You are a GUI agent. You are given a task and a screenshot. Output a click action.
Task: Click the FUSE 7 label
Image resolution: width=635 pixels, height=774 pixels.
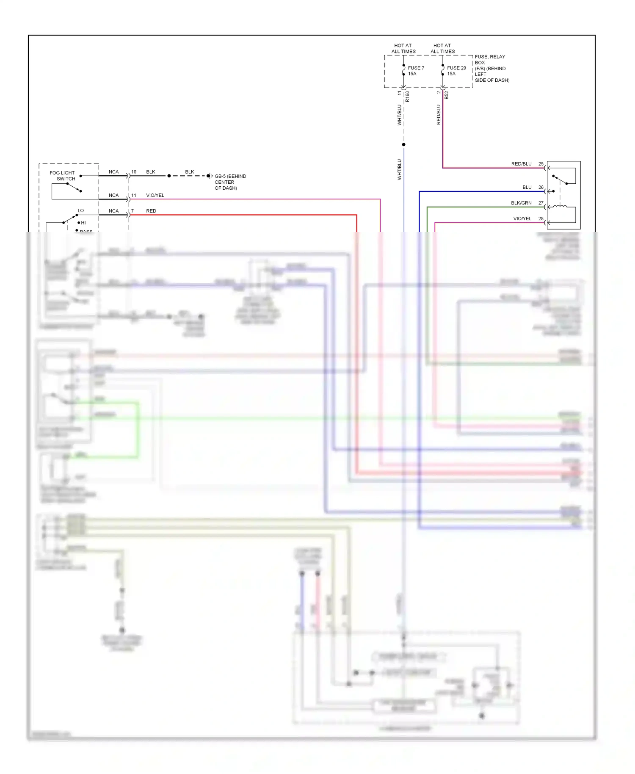point(416,68)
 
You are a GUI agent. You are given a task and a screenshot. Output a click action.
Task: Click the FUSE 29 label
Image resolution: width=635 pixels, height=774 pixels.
point(456,68)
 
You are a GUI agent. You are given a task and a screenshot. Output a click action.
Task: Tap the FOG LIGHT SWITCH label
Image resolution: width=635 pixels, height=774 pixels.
point(62,176)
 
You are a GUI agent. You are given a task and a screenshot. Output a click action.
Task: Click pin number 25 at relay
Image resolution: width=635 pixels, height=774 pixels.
point(541,164)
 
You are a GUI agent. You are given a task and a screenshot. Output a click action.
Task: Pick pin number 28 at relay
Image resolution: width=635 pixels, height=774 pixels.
point(541,219)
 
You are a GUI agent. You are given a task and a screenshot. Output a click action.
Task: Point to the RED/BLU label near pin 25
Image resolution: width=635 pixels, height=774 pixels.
point(521,164)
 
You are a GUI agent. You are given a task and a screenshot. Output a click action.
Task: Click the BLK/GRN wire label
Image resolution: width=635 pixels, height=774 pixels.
point(521,203)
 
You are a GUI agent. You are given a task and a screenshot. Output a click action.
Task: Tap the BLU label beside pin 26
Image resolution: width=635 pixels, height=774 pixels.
point(527,187)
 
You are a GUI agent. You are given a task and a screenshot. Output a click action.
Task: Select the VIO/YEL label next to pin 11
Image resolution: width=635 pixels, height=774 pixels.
point(155,196)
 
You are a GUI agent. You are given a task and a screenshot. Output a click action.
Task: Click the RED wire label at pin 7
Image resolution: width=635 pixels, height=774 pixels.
point(151,211)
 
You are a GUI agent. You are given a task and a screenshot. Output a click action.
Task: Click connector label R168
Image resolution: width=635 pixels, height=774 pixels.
point(407,97)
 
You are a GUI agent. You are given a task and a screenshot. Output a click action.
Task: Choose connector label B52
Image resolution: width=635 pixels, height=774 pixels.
point(447,95)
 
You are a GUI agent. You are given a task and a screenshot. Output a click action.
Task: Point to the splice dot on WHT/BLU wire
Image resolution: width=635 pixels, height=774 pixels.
point(403,145)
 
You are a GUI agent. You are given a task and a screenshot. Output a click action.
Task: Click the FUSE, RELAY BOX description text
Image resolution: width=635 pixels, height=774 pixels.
point(491,68)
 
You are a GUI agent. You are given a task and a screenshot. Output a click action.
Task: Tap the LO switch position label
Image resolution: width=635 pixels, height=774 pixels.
point(80,210)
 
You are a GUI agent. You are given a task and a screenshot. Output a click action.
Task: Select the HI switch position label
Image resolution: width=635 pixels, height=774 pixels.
point(83,223)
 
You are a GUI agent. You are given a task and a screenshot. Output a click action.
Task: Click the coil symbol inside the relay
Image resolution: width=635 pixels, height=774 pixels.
point(560,207)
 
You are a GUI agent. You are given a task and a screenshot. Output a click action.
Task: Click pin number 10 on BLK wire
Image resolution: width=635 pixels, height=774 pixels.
point(134,172)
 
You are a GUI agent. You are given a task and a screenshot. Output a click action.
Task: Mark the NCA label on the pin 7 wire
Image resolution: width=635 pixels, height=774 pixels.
point(113,211)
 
